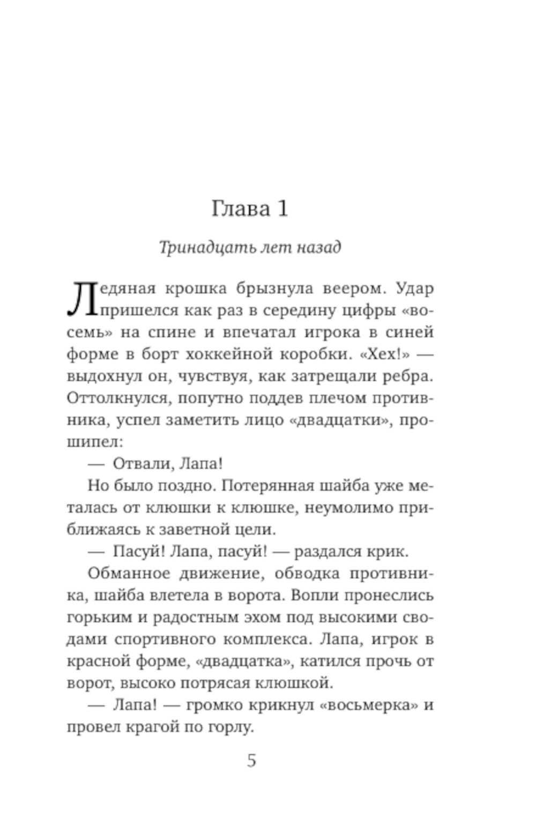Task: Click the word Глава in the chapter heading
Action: pyautogui.click(x=240, y=209)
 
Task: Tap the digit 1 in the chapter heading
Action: pyautogui.click(x=282, y=209)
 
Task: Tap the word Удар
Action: pyautogui.click(x=414, y=289)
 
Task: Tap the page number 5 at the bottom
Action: pyautogui.click(x=251, y=761)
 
